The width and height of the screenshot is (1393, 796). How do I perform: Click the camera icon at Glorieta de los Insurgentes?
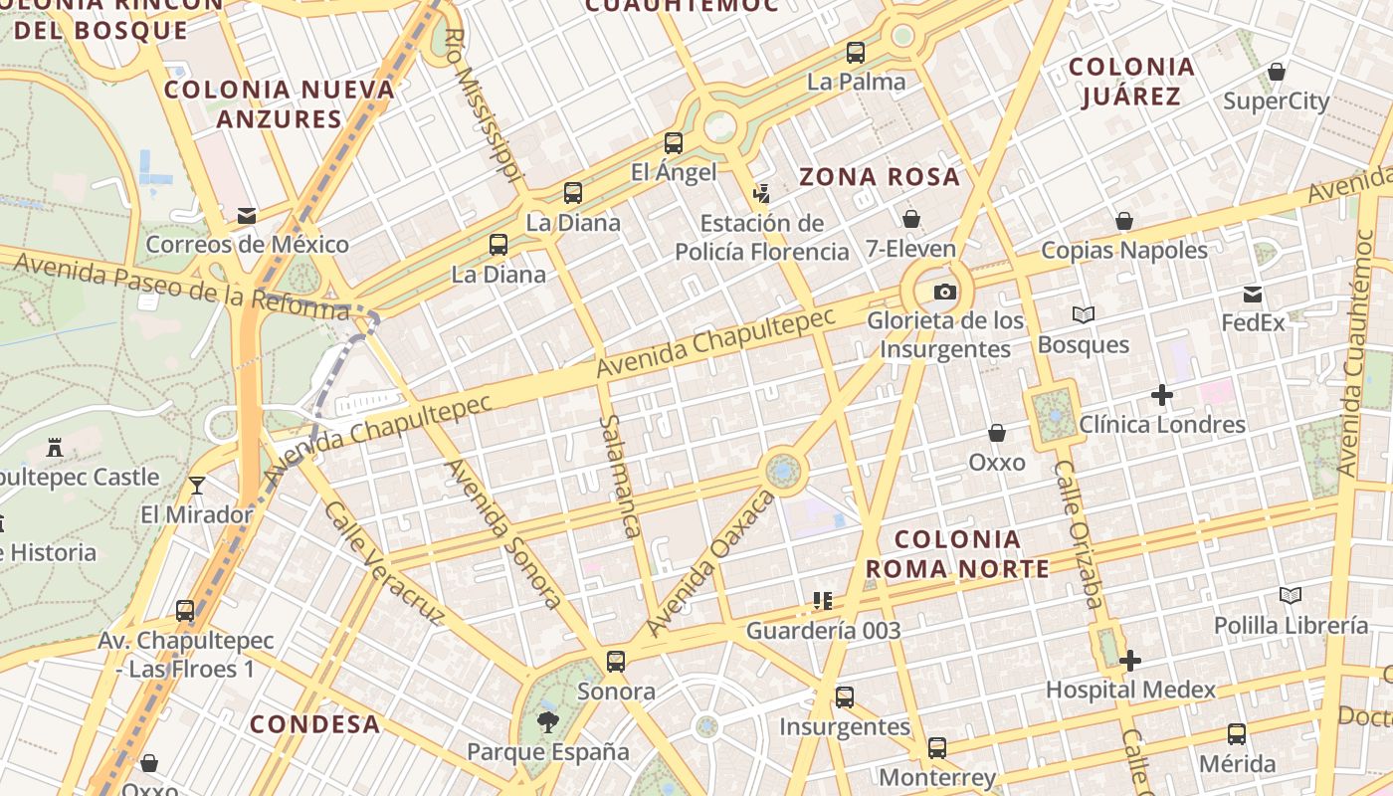(x=944, y=292)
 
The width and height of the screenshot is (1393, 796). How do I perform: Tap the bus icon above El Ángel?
(x=674, y=143)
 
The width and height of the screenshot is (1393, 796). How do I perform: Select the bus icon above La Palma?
(x=856, y=53)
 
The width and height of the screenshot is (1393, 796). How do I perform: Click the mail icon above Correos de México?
(x=247, y=215)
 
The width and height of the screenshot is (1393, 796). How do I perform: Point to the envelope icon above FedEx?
(x=1253, y=295)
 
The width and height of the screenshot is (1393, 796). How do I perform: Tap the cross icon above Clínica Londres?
(x=1161, y=395)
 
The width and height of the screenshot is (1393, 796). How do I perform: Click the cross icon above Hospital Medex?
(x=1130, y=661)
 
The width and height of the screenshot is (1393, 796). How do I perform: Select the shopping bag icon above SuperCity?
(x=1277, y=72)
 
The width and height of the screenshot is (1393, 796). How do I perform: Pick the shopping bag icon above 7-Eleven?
(x=910, y=219)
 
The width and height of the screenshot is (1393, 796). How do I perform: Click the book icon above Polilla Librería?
(x=1291, y=596)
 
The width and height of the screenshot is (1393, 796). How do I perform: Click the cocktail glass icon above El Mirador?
(x=197, y=486)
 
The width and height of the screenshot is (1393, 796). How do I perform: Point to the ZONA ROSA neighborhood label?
(x=880, y=177)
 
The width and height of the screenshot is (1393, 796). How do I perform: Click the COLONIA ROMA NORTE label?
(x=957, y=554)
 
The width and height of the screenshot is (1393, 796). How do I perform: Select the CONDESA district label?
(x=314, y=724)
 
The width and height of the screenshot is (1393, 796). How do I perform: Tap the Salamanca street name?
(x=618, y=476)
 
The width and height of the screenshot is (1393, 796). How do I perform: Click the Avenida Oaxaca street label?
(x=709, y=565)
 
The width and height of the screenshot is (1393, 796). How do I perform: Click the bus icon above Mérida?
(x=1237, y=734)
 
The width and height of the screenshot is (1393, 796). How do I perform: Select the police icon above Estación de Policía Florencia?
(x=762, y=193)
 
